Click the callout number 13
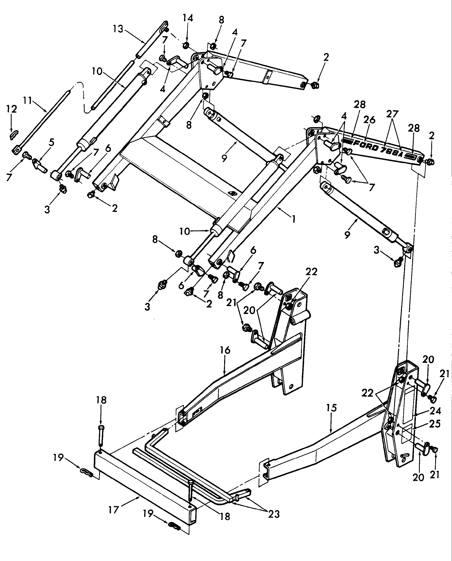pyautogui.click(x=118, y=29)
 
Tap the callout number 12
pyautogui.click(x=11, y=109)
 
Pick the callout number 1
pyautogui.click(x=294, y=219)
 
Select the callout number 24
pyautogui.click(x=435, y=411)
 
